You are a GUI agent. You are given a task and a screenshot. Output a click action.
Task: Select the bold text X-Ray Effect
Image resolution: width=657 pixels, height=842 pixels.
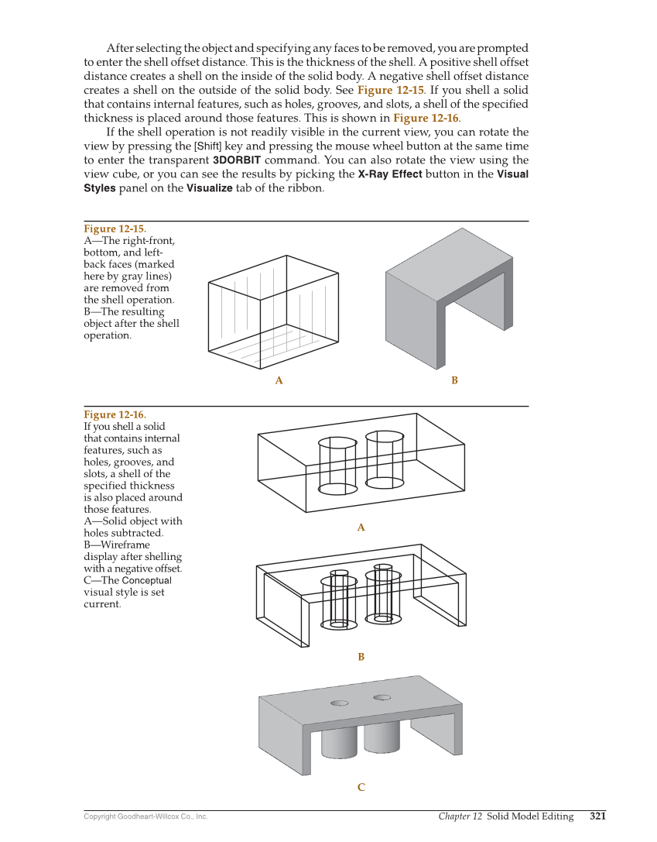pos(389,174)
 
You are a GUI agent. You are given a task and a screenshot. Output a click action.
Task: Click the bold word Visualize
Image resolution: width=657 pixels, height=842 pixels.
pos(210,188)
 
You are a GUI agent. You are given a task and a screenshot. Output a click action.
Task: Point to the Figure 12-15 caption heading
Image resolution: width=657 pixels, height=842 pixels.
pos(115,229)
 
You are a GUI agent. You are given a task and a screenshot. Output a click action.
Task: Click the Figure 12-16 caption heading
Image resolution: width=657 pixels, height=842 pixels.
pos(115,414)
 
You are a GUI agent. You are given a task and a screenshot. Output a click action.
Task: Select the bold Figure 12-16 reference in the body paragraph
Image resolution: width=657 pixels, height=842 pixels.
pos(426,119)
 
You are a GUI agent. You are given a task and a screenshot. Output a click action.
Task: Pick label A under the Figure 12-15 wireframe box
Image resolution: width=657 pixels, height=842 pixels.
pos(279,380)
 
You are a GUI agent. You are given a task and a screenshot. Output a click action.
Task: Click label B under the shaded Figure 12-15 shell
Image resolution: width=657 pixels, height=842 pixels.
pos(454,380)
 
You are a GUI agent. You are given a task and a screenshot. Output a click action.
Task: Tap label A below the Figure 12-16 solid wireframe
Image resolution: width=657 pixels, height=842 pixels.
pos(361,528)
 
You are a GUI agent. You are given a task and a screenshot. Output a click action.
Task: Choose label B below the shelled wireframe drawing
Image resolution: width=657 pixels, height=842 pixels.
pos(361,657)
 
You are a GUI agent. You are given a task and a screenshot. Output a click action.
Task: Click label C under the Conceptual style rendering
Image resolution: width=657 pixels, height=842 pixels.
pos(361,788)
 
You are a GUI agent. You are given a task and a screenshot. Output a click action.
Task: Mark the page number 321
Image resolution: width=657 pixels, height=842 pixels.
pos(597,816)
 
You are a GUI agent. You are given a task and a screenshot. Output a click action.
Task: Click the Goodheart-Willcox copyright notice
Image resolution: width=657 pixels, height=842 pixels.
pos(145,816)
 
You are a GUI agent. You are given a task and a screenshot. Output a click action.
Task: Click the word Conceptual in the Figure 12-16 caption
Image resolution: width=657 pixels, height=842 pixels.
pos(147,580)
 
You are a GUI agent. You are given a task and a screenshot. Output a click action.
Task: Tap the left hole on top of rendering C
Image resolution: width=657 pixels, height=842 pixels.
pos(339,703)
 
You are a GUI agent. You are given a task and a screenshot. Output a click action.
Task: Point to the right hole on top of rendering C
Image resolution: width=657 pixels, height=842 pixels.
pos(382,697)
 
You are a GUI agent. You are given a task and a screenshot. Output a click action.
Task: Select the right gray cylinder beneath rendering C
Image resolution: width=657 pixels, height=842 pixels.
pos(382,738)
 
